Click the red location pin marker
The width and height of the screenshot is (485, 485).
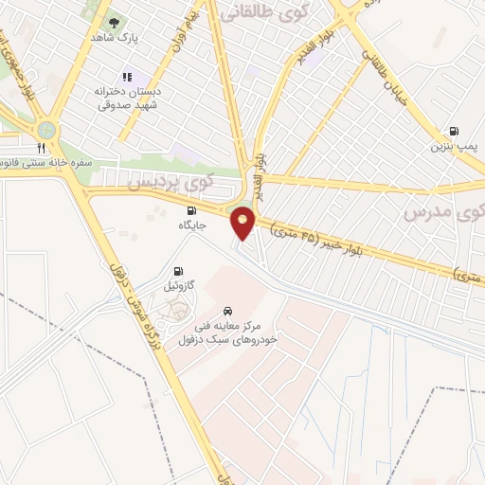click(x=243, y=224)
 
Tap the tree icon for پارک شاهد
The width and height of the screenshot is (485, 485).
click(x=115, y=23)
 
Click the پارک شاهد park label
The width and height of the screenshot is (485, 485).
click(x=120, y=38)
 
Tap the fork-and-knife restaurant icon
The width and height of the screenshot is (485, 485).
click(x=41, y=148)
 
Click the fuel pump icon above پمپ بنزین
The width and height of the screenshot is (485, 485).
click(x=453, y=132)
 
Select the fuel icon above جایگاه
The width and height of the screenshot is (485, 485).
click(x=191, y=210)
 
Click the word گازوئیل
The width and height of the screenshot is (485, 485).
click(x=179, y=285)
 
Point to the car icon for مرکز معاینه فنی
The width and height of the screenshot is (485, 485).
click(x=227, y=311)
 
